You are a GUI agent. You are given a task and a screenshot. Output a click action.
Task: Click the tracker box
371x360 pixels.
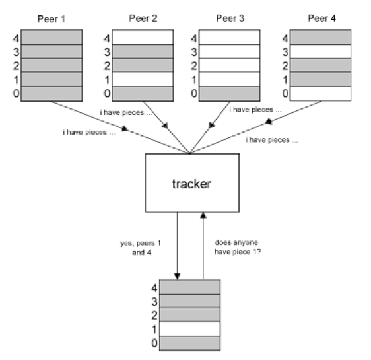[x=192, y=183]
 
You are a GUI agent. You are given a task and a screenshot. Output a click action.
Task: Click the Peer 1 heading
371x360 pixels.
[x=51, y=19]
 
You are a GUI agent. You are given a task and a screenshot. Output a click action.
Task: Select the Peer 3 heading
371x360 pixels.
[x=230, y=18]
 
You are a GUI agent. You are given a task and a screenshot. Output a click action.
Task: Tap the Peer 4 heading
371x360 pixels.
[x=321, y=18]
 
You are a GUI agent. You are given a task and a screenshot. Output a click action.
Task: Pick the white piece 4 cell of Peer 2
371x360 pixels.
[x=143, y=37]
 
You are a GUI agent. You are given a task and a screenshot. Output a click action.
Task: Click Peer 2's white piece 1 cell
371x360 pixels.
[x=143, y=79]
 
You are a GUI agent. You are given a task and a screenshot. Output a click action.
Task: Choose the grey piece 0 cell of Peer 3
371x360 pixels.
[x=230, y=94]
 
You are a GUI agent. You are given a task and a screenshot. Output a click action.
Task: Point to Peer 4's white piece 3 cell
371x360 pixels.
[x=321, y=52]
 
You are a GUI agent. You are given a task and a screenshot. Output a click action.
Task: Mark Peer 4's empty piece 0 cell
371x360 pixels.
[x=321, y=94]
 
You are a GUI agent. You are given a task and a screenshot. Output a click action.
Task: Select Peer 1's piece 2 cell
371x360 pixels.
[x=51, y=65]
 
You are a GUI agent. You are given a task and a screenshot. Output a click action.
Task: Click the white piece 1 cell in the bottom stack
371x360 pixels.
[x=190, y=329]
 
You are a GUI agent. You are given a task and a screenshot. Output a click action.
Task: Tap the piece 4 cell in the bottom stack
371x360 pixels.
[x=190, y=287]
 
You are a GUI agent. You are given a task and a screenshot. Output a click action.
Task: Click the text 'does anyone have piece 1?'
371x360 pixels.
[x=238, y=247]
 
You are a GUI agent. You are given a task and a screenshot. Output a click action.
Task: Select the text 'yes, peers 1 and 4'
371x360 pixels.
[x=141, y=248]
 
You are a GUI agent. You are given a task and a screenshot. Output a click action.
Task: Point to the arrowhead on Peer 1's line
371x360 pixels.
[x=125, y=129]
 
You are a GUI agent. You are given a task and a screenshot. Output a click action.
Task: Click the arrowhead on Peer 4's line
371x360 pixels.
[x=268, y=122]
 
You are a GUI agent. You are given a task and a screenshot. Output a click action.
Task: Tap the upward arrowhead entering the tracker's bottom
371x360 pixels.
[x=203, y=215]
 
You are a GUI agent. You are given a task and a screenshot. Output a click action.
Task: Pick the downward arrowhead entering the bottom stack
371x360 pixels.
[x=177, y=277]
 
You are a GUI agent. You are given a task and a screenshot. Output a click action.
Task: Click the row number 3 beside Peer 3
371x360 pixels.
[x=194, y=52]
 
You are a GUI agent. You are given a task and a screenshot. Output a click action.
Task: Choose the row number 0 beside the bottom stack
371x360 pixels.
[x=154, y=343]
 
